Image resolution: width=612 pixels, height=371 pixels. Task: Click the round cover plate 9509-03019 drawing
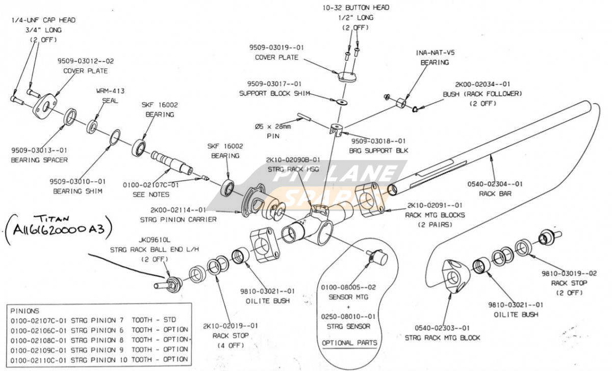coord(347,76)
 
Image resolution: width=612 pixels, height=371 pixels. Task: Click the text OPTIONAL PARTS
coord(350,342)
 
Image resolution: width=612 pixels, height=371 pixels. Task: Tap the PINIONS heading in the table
coord(25,310)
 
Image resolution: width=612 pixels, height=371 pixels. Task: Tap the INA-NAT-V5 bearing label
coord(435,52)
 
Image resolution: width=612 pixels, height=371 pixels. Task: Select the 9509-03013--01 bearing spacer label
coord(39,150)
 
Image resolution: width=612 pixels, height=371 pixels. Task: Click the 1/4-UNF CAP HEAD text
coord(43,20)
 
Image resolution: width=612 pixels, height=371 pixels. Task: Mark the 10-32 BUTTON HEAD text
coord(355,8)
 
